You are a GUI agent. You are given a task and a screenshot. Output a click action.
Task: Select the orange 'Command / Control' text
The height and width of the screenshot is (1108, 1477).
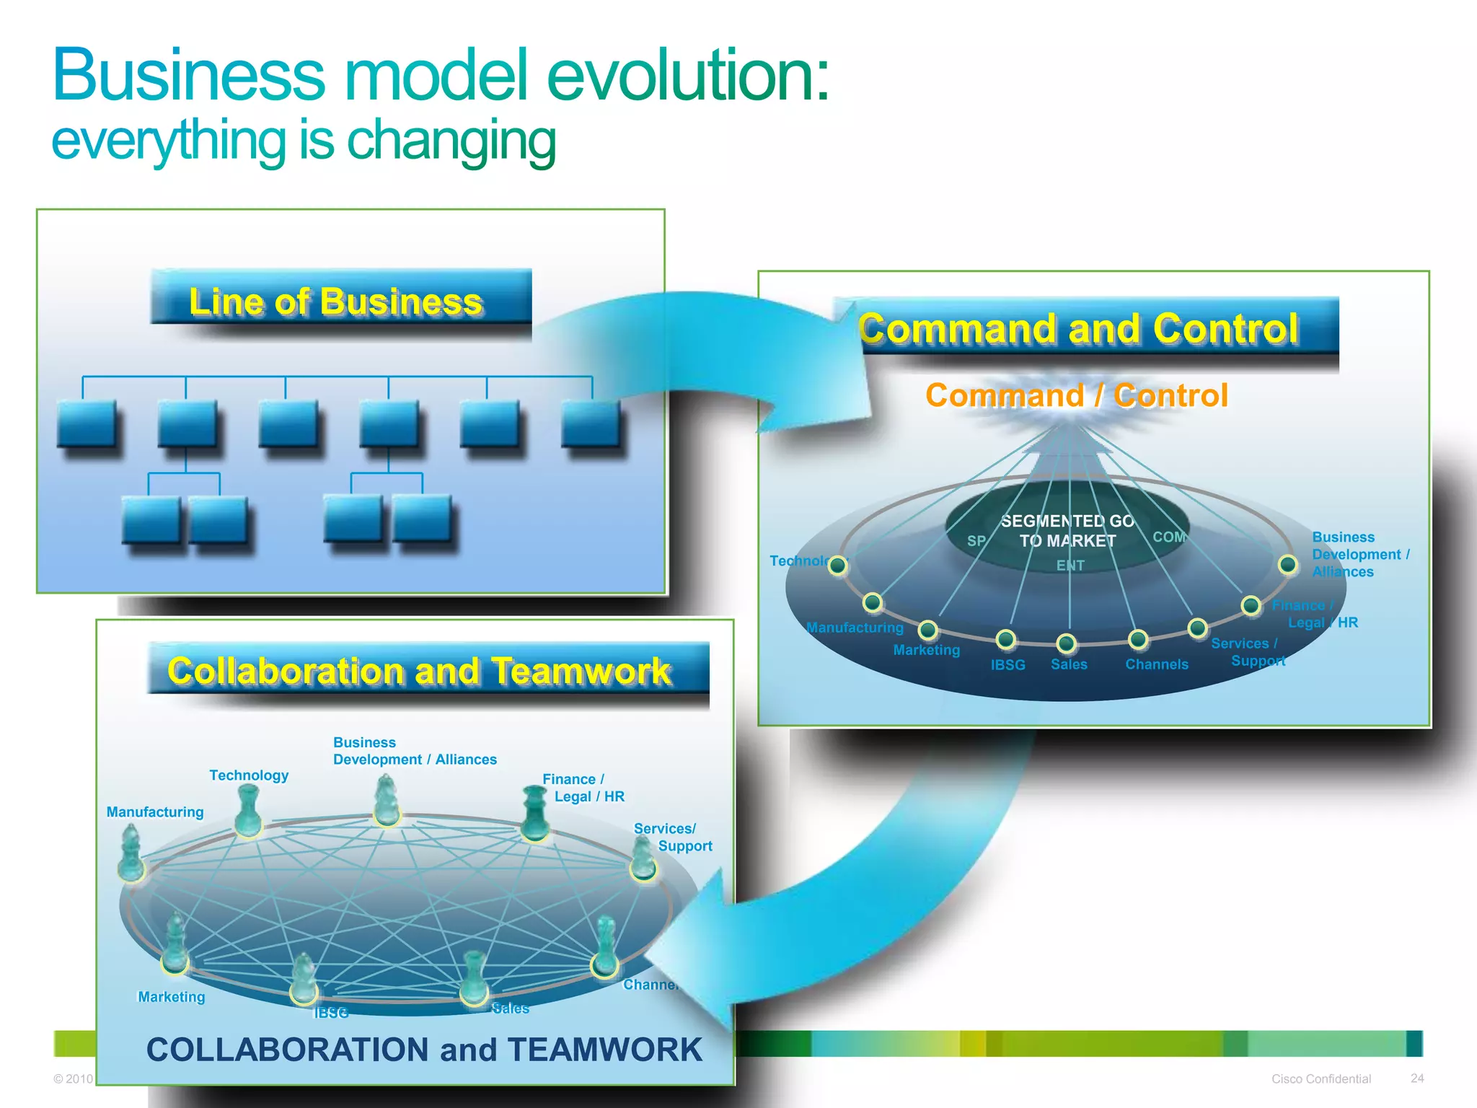click(1077, 396)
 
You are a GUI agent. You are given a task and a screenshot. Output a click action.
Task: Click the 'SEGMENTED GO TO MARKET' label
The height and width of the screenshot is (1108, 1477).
click(1067, 531)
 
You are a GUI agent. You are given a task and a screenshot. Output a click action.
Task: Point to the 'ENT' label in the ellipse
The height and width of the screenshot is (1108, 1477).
click(1070, 566)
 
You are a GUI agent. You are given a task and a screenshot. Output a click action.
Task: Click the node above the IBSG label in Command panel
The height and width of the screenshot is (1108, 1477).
click(1005, 639)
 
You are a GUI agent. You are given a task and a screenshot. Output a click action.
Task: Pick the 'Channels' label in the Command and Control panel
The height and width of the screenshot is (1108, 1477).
click(1157, 664)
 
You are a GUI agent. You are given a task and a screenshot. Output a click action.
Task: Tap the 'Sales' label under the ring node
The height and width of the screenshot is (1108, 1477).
click(1069, 664)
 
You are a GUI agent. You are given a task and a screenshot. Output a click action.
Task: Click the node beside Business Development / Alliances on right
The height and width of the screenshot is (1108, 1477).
click(1288, 564)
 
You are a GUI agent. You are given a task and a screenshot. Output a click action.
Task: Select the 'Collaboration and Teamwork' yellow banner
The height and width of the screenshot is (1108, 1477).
click(420, 671)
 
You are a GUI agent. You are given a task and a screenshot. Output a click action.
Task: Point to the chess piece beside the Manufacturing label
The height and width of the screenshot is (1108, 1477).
click(131, 854)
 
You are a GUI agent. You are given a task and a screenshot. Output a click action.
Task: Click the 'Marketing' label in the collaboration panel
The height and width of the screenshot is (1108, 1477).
click(172, 997)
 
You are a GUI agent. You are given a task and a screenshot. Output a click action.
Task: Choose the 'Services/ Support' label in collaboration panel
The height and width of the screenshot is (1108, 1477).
click(672, 837)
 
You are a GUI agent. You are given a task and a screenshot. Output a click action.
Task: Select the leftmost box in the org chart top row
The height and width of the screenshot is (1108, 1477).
click(87, 424)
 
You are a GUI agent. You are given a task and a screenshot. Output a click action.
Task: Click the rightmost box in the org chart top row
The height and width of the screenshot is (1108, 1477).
click(590, 424)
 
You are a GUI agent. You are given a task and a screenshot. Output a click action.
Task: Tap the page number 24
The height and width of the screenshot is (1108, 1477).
click(1417, 1078)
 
